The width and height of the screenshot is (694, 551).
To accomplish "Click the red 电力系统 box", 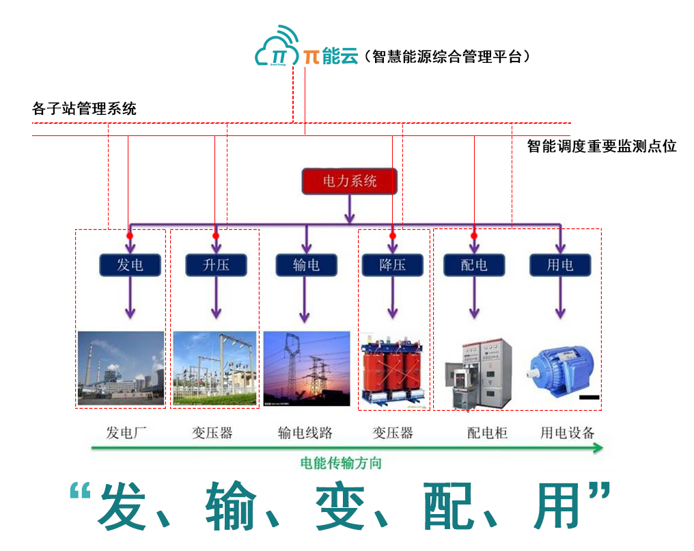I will tap(349, 182).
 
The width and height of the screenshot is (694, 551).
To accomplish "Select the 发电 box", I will tap(129, 265).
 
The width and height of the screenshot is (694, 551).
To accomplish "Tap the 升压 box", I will tap(216, 265).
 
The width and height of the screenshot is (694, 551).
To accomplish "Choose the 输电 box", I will tap(305, 265).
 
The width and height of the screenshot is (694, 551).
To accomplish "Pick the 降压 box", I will tap(393, 265).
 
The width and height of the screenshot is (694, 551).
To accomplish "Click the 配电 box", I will tap(474, 265).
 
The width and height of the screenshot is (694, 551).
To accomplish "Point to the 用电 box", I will tap(560, 265).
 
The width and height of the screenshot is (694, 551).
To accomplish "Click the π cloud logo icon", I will tap(278, 49).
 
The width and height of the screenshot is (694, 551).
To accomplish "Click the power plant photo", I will tap(121, 368).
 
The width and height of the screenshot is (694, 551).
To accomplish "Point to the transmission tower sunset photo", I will tap(305, 368).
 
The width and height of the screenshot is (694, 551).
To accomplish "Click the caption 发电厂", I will tap(126, 433).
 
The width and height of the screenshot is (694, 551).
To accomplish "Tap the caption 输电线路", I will tap(305, 433).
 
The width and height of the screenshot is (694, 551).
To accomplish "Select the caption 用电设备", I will tap(568, 433).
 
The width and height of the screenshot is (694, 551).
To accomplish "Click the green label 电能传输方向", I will tap(341, 463).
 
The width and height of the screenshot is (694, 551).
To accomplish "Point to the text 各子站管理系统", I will tap(84, 109).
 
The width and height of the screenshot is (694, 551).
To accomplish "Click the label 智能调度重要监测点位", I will tap(602, 146).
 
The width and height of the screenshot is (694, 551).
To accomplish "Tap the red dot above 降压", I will tap(393, 236).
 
